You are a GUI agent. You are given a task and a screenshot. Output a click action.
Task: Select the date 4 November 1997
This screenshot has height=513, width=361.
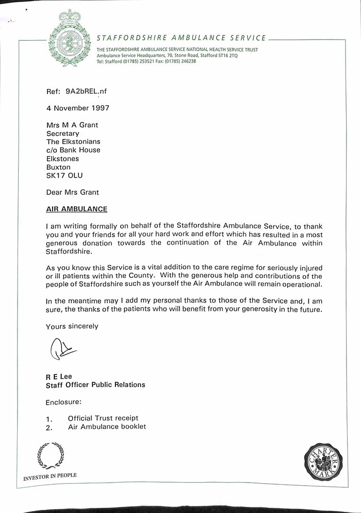78,108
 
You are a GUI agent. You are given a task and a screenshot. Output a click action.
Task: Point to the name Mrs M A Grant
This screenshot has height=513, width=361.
72,125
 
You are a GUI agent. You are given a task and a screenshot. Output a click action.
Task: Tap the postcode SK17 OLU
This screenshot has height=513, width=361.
64,175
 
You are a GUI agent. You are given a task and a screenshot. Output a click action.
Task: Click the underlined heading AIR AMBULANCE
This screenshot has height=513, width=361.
76,209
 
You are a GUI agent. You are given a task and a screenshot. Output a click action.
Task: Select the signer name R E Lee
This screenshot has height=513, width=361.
59,376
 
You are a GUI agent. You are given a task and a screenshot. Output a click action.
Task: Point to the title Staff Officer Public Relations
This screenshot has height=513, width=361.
95,385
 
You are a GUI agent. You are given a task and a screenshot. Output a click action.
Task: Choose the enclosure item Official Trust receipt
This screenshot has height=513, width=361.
103,418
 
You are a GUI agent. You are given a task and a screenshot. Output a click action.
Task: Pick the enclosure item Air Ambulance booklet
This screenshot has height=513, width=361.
107,427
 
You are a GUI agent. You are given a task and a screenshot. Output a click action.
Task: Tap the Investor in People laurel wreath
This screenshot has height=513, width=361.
51,455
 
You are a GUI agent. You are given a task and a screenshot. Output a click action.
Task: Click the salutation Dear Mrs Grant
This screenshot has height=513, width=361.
73,192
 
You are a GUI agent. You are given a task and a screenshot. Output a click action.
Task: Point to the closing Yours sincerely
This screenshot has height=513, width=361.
72,326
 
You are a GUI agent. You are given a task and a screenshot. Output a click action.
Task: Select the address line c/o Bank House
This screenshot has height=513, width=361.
73,150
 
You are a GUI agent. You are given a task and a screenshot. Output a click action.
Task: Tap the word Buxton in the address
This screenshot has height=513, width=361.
58,167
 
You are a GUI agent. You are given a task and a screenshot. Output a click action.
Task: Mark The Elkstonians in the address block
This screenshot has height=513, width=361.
73,141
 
